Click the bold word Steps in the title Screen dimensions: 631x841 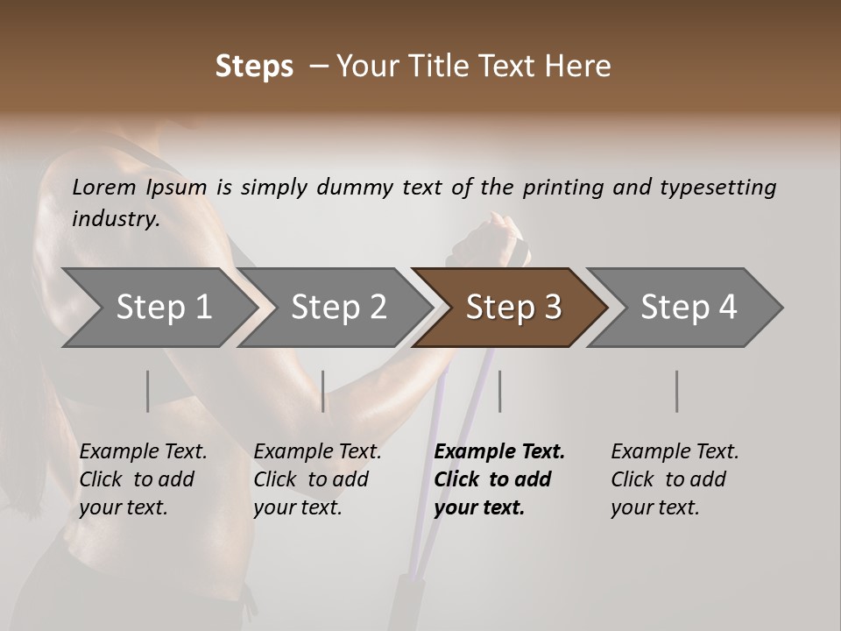(x=254, y=67)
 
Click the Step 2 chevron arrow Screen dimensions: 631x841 (x=338, y=308)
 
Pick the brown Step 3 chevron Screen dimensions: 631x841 (x=513, y=308)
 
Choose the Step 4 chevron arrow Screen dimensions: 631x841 (x=689, y=308)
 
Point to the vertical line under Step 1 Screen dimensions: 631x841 (x=148, y=391)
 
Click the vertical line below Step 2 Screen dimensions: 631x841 (x=323, y=391)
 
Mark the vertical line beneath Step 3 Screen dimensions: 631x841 (x=500, y=391)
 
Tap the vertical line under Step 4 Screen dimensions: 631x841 (x=676, y=391)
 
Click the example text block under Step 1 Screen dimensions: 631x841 (x=143, y=479)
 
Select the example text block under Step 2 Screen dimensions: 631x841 (x=317, y=479)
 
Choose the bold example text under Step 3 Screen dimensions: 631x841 (x=499, y=479)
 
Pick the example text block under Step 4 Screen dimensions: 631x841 (x=675, y=479)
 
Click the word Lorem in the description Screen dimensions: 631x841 (x=103, y=188)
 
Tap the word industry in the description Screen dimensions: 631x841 (x=115, y=218)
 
